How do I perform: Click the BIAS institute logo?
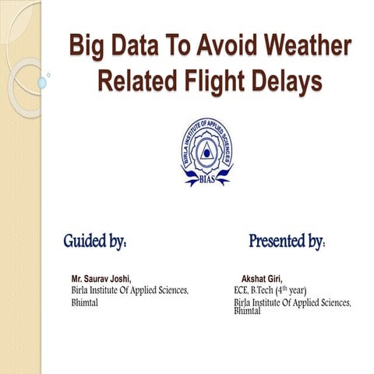(x=206, y=152)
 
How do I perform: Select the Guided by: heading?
(x=95, y=242)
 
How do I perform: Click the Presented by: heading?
(x=287, y=242)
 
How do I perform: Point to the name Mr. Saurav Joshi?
(x=101, y=278)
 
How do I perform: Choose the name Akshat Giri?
(x=263, y=278)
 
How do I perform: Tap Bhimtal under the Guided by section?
(x=86, y=302)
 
